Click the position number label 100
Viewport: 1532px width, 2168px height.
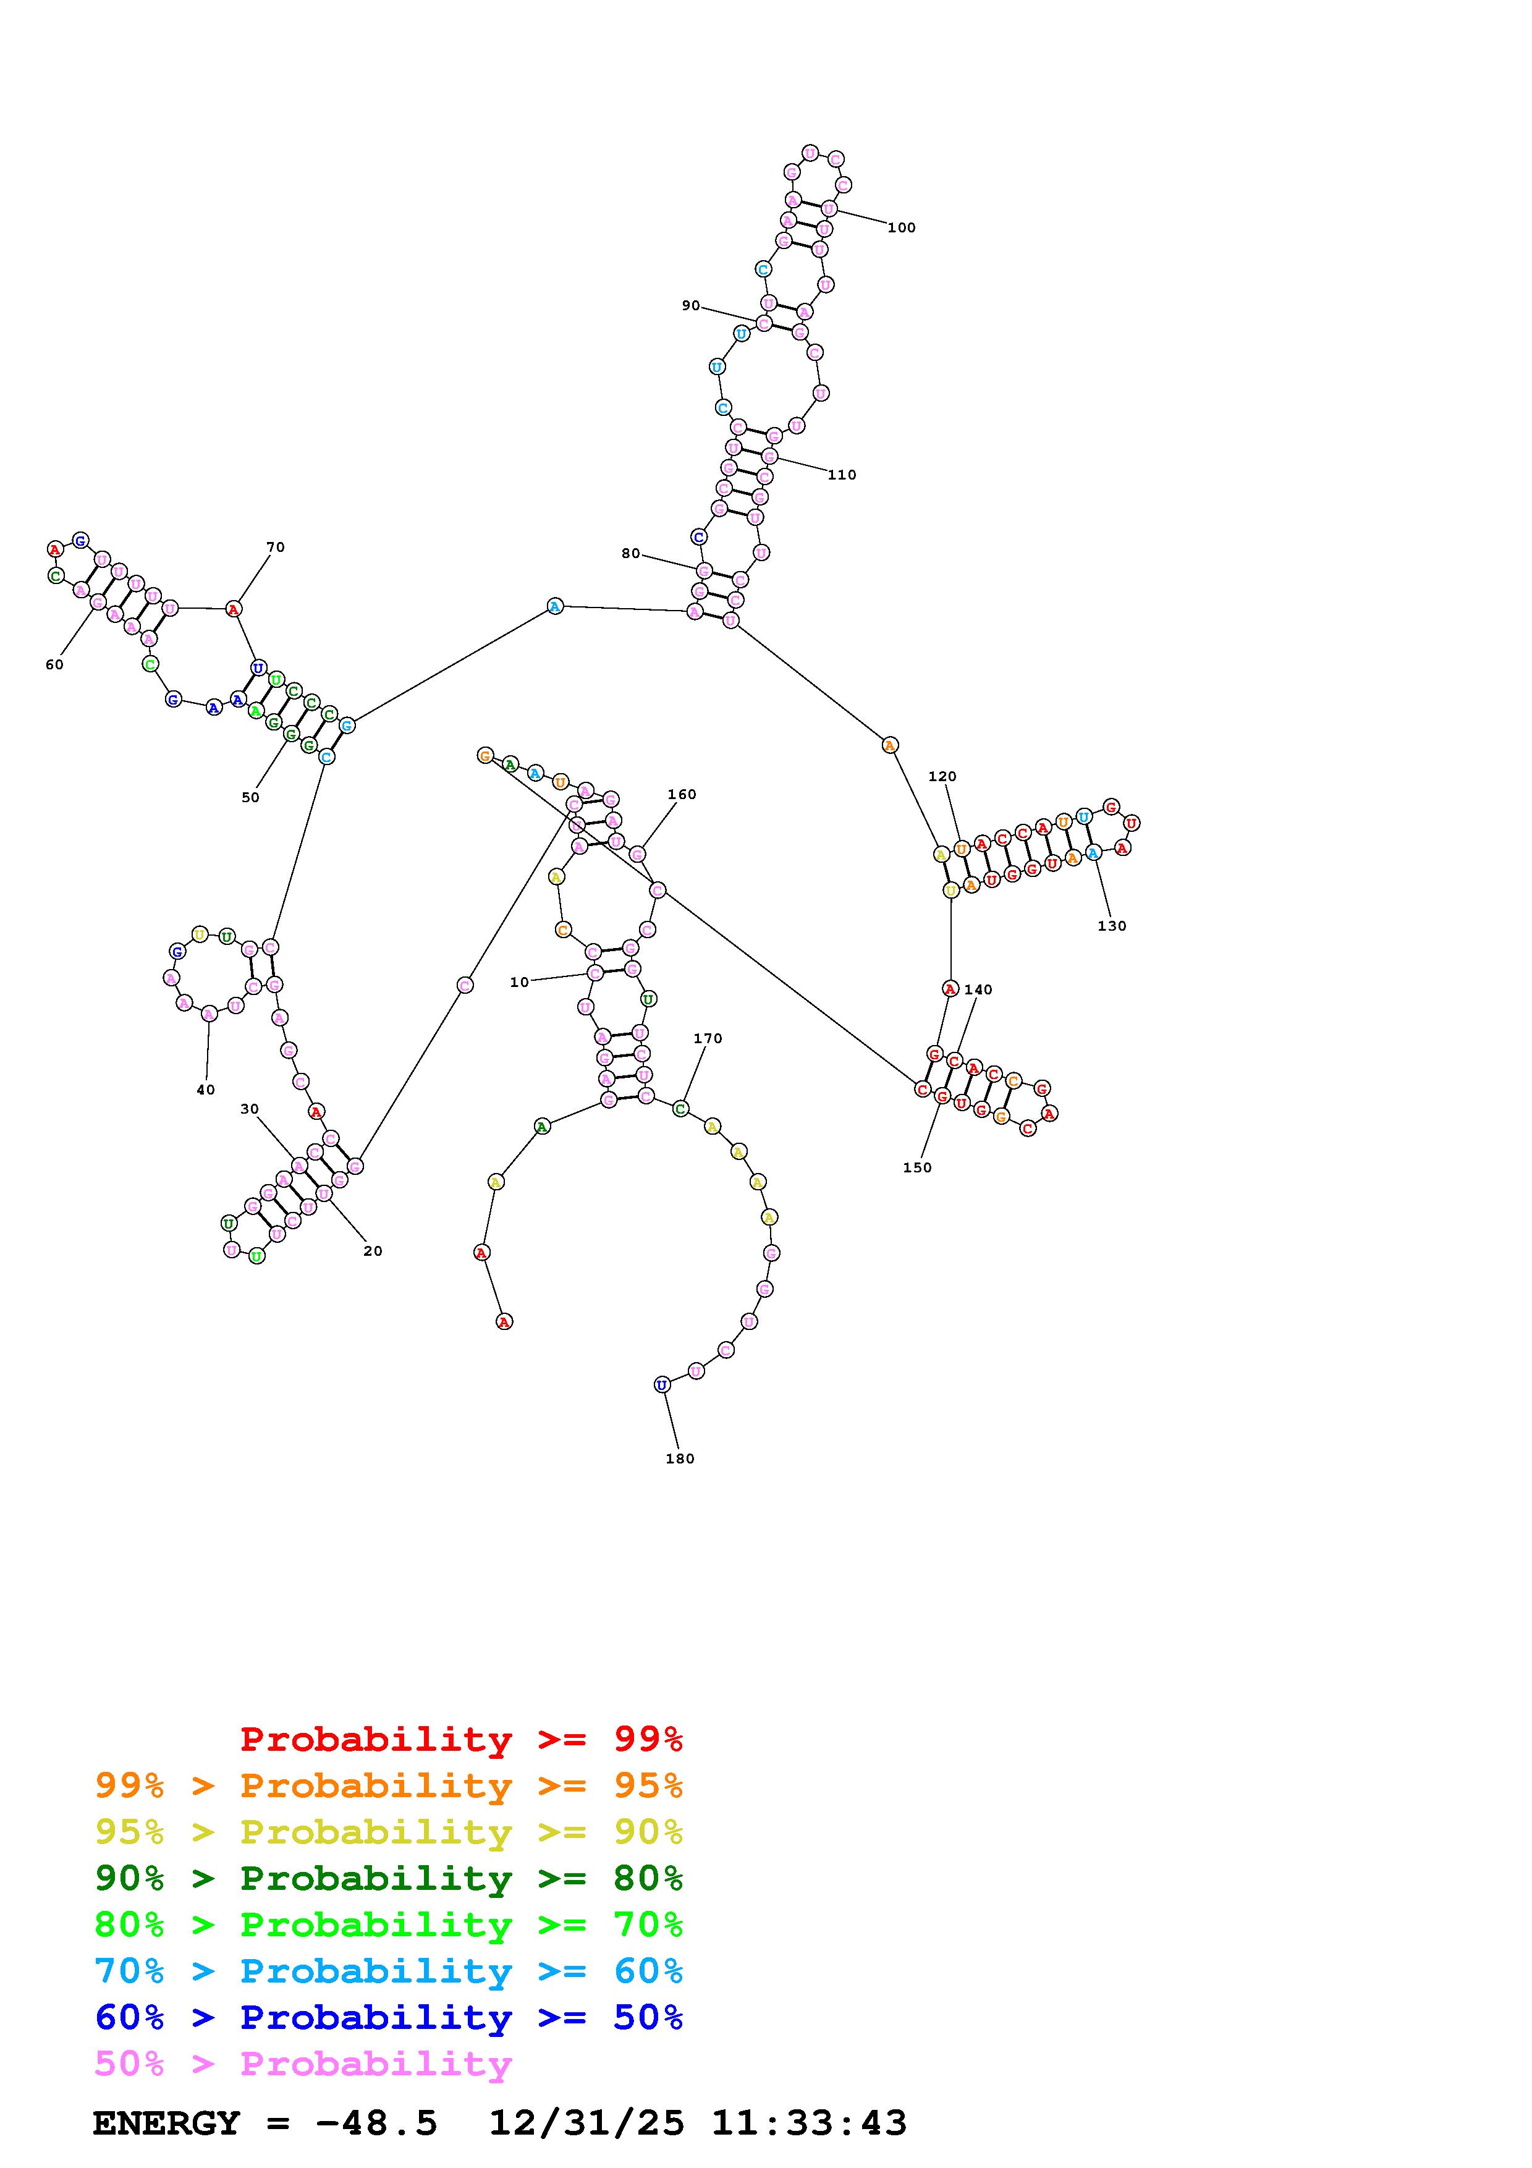point(902,227)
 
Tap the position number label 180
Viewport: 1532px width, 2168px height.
point(680,1459)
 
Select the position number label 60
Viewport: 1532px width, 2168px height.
point(55,665)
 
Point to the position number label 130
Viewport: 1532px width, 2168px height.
point(1112,926)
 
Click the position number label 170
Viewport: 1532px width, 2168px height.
point(708,1039)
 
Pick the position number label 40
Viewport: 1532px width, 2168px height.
point(206,1090)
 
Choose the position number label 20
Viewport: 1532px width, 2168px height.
point(373,1251)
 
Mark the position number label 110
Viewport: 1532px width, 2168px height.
point(842,475)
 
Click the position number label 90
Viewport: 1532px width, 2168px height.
point(691,306)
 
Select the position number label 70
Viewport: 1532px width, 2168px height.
point(276,548)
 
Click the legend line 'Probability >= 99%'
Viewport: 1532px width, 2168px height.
point(462,1739)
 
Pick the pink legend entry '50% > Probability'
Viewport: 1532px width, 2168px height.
point(303,2064)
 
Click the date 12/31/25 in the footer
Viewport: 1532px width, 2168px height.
point(586,2124)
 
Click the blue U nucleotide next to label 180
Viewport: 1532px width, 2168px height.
point(662,1385)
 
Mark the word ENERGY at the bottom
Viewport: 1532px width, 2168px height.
point(166,2124)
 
